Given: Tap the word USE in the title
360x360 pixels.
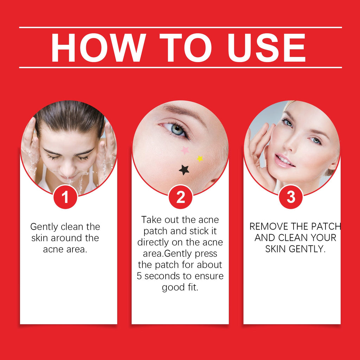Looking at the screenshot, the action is click(266, 47).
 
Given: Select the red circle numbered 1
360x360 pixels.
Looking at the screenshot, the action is click(65, 197).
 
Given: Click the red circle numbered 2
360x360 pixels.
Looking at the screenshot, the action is click(180, 197).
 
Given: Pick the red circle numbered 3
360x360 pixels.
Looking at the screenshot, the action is click(291, 197).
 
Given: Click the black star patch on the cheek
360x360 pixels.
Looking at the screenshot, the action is click(184, 170).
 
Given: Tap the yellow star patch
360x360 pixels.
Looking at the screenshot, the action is click(200, 159).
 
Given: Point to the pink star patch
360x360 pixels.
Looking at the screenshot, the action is click(185, 150).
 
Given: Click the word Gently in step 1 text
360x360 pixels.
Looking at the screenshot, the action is click(44, 227).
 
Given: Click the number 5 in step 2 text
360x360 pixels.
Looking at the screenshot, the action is click(139, 276).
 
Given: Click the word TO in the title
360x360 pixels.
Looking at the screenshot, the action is click(185, 47).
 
